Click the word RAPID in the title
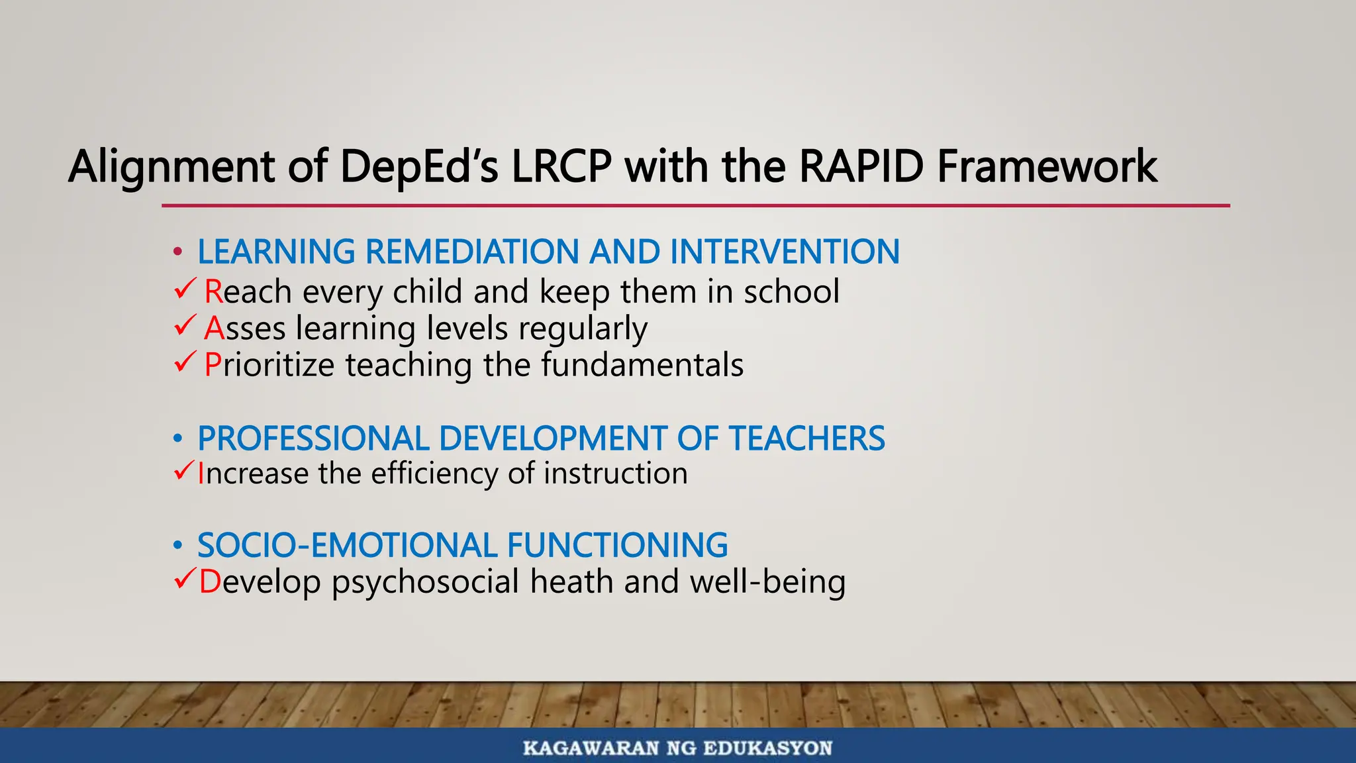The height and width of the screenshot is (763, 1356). click(861, 166)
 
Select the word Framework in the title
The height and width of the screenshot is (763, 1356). click(1047, 166)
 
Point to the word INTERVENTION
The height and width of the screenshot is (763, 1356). click(784, 252)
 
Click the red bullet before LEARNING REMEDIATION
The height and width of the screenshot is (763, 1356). click(177, 252)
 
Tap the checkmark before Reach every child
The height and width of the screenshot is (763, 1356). click(185, 289)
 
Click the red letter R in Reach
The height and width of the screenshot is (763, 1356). click(213, 291)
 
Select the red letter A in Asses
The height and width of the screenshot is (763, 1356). click(214, 328)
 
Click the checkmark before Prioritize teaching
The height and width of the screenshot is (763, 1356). click(185, 362)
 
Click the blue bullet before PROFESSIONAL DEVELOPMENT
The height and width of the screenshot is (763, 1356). click(177, 439)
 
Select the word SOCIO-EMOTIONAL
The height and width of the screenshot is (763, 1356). click(347, 546)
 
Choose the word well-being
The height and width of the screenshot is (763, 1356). click(767, 582)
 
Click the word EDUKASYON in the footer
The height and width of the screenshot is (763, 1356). click(767, 748)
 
